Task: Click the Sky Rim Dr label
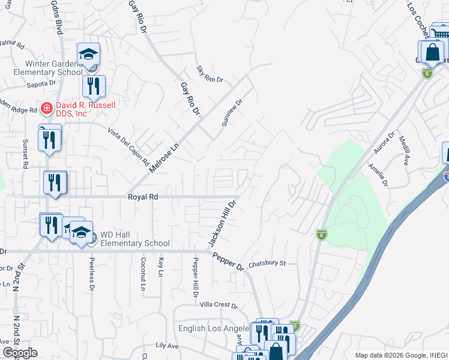(x=209, y=74)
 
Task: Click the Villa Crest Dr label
(x=218, y=305)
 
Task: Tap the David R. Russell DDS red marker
(x=46, y=108)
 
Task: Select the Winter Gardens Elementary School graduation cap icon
(x=88, y=55)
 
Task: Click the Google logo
(x=19, y=353)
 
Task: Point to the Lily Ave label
(x=167, y=346)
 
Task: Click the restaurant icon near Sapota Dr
(x=93, y=86)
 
